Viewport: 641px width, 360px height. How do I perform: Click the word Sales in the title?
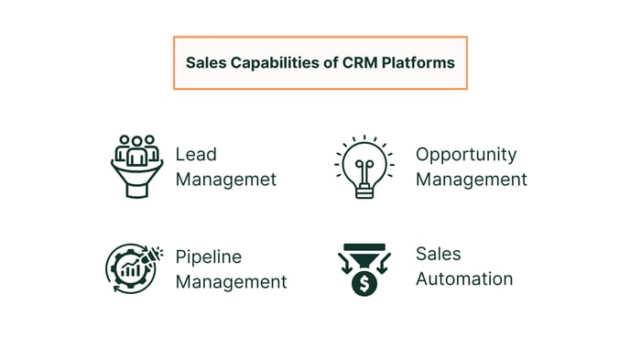pos(205,63)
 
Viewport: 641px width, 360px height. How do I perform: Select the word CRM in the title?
pos(359,63)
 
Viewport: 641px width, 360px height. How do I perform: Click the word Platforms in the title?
pos(418,63)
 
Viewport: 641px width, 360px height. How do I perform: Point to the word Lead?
pos(196,154)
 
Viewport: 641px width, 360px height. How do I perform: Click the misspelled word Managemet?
pos(225,180)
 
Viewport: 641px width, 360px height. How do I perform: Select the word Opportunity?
pos(466,154)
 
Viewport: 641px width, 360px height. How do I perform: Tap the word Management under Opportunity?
pos(472,180)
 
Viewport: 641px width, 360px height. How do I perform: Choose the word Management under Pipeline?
pos(231,282)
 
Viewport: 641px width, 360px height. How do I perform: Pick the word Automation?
pos(464,278)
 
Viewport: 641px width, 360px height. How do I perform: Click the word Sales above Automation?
pos(439,253)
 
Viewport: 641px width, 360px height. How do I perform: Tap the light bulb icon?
pos(364,165)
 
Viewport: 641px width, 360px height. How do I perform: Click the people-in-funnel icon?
pos(136,166)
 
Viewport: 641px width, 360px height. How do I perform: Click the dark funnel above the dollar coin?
pos(364,251)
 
